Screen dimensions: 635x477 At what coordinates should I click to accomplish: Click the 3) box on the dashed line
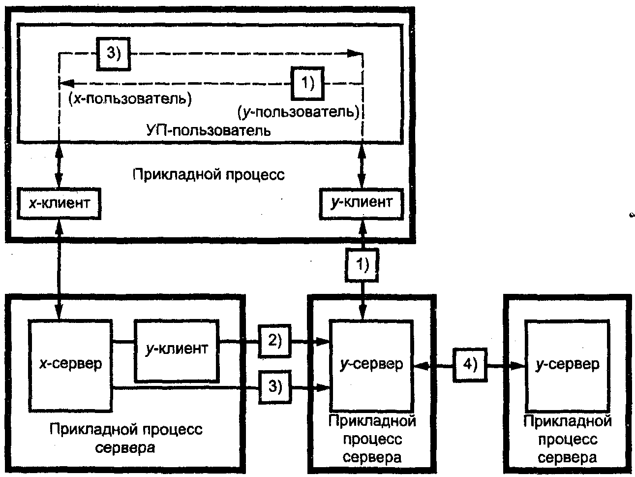point(113,54)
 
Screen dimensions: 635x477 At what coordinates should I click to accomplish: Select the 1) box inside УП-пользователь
point(307,83)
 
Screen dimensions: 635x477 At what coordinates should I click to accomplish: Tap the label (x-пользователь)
point(130,99)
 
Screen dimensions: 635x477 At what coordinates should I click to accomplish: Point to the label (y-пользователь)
point(299,112)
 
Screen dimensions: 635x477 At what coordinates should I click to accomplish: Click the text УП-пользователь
point(209,131)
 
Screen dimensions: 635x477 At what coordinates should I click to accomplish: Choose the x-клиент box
point(59,203)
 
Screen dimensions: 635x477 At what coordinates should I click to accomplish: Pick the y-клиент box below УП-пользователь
point(362,203)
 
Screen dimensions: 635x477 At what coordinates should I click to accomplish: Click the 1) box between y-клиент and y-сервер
point(362,265)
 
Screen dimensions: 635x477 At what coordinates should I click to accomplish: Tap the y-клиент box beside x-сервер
point(177,351)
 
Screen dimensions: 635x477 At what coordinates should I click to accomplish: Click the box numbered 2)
point(274,341)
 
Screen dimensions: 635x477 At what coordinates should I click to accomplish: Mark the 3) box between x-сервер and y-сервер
point(274,387)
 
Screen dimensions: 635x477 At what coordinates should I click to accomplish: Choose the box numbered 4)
point(470,365)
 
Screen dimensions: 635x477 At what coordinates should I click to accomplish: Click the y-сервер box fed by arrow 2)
point(371,365)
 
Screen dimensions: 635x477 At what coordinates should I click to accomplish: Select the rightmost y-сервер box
point(567,365)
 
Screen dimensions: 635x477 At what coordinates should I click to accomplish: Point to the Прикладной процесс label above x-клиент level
point(209,175)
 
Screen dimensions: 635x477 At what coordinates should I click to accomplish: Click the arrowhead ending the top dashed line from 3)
point(355,53)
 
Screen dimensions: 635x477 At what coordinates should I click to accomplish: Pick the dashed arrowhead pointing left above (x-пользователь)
point(66,84)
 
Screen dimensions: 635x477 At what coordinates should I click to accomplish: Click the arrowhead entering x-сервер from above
point(59,312)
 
